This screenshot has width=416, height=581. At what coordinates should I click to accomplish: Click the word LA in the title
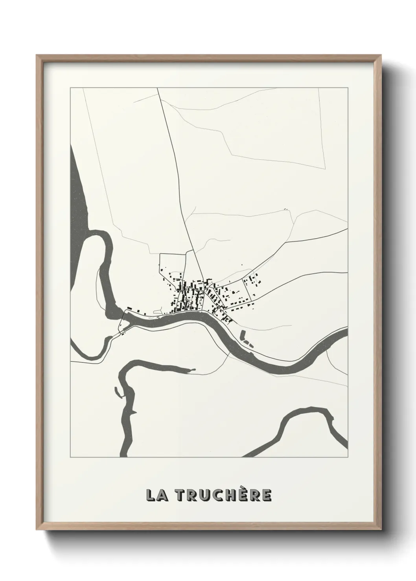(157, 495)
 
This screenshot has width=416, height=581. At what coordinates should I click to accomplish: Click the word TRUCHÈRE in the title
(223, 495)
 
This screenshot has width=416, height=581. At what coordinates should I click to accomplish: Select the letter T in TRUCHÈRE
(180, 495)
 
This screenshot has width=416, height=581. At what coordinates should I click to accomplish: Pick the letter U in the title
(206, 495)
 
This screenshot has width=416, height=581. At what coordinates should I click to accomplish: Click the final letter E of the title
(266, 495)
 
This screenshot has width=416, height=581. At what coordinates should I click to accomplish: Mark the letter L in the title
(150, 495)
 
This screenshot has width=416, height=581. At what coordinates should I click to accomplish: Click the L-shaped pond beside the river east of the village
(243, 337)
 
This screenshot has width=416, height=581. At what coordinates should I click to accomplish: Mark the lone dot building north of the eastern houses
(242, 265)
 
